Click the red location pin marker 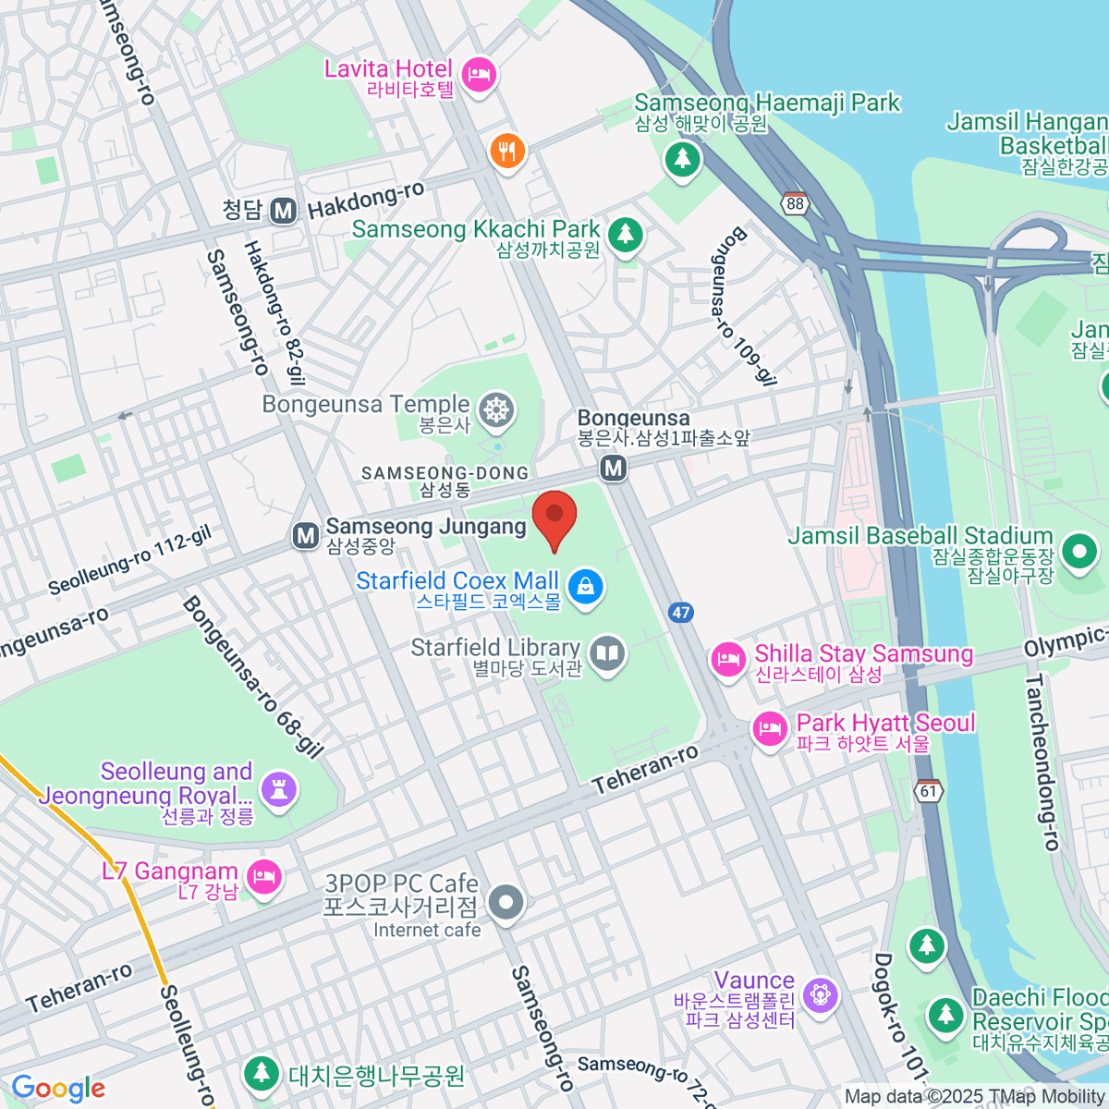[x=554, y=517]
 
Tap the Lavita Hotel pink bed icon [x=479, y=74]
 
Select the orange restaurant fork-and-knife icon [x=506, y=151]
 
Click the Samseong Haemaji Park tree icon [x=682, y=159]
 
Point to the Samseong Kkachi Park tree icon [x=626, y=233]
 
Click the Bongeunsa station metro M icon [x=613, y=469]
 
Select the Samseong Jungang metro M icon [x=305, y=535]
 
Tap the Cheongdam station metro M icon [x=284, y=211]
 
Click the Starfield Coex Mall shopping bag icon [x=585, y=586]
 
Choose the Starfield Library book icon [x=607, y=654]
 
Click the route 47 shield [x=681, y=612]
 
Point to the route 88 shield [x=795, y=203]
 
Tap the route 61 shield [x=928, y=791]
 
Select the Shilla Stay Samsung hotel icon [x=728, y=659]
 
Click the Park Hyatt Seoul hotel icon [x=769, y=729]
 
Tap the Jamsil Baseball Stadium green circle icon [x=1079, y=552]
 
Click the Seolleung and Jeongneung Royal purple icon [x=278, y=788]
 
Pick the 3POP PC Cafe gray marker [x=506, y=902]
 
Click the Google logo [x=58, y=1089]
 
